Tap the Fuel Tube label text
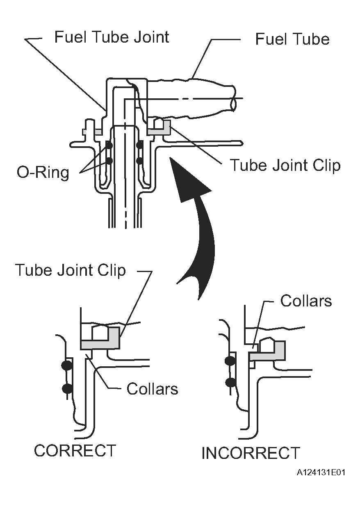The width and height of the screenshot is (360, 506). [x=292, y=39]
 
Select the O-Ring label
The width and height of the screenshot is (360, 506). [x=43, y=173]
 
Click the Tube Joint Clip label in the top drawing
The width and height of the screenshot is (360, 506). [x=285, y=165]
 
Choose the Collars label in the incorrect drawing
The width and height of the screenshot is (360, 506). [x=306, y=301]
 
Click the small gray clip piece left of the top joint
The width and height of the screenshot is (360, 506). [x=92, y=132]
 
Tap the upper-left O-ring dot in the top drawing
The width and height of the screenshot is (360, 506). [x=109, y=145]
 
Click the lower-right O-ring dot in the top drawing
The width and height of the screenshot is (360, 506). [x=140, y=161]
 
